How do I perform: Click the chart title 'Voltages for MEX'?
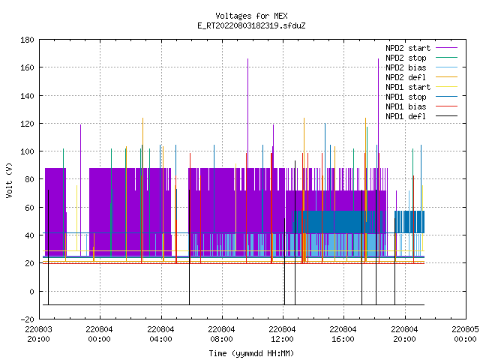(x=251, y=16)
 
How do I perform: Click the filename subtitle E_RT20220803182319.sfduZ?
(x=251, y=25)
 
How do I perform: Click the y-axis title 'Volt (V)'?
(x=9, y=180)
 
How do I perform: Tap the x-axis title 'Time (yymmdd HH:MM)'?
(x=251, y=353)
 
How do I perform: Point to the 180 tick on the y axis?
(x=27, y=40)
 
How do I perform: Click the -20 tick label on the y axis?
(x=27, y=319)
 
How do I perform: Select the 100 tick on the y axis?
(x=27, y=151)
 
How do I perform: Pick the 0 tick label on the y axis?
(x=31, y=292)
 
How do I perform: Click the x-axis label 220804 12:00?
(x=282, y=334)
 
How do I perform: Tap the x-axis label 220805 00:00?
(x=465, y=334)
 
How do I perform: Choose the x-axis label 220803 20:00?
(x=38, y=334)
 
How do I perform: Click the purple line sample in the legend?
(x=447, y=48)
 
